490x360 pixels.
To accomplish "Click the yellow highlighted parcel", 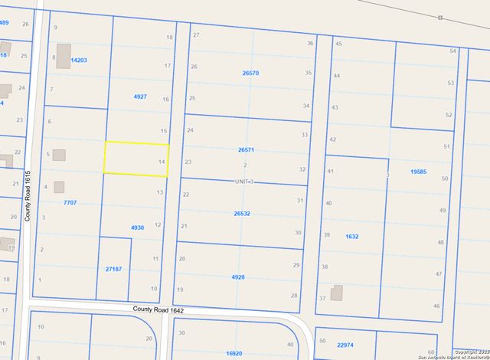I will click(x=136, y=159).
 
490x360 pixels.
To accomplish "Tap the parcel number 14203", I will click(x=79, y=59).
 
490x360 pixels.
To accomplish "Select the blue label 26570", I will click(x=250, y=74).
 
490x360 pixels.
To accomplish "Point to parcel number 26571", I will click(x=246, y=151).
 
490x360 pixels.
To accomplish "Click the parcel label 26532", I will click(x=243, y=214).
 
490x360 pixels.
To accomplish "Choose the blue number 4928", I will click(x=238, y=277).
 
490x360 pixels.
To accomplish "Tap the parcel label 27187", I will click(x=113, y=270).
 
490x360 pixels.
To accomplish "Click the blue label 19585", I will click(x=418, y=172).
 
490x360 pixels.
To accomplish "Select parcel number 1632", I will click(x=351, y=237).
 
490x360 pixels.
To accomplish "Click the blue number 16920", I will click(x=234, y=354).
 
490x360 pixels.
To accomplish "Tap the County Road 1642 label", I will click(x=158, y=309).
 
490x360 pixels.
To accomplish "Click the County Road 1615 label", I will click(x=28, y=196).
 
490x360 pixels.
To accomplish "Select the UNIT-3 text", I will click(x=243, y=182).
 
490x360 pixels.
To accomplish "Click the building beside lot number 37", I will click(x=337, y=293).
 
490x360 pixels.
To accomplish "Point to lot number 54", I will click(x=453, y=51).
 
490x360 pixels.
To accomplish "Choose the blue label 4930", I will click(x=137, y=227).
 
